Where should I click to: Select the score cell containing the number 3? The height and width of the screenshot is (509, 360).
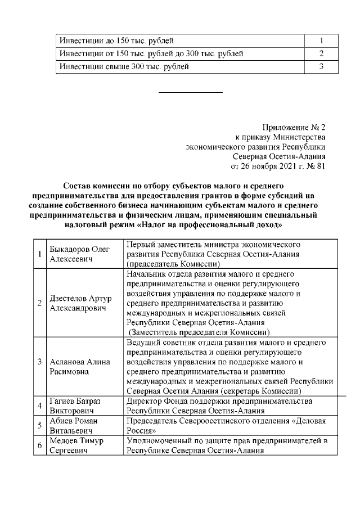(320, 67)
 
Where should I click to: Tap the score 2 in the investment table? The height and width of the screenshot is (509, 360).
(320, 54)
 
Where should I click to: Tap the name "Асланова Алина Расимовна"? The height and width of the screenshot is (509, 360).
(79, 367)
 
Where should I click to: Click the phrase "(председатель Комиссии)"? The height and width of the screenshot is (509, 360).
(172, 264)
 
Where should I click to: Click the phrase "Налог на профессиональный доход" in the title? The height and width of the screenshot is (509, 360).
(220, 225)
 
